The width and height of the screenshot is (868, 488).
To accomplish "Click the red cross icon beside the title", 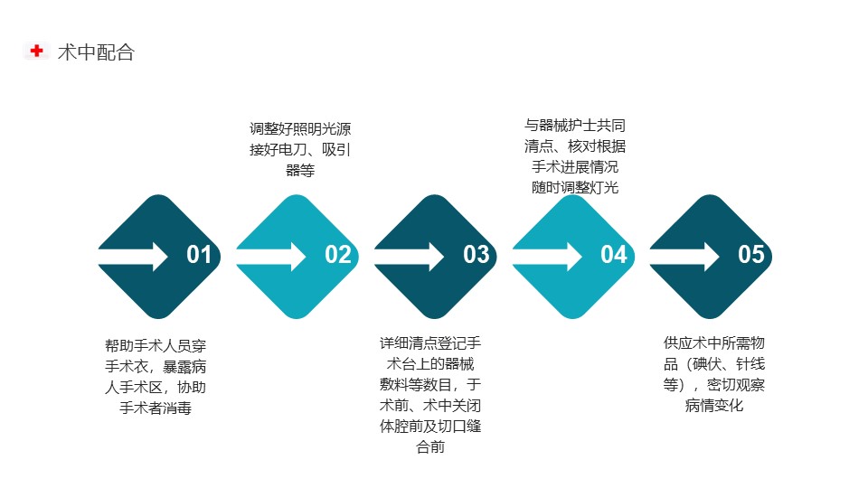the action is (x=36, y=51).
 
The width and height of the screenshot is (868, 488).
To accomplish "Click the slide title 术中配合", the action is (x=97, y=52).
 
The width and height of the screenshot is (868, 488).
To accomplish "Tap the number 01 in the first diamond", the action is (x=199, y=255).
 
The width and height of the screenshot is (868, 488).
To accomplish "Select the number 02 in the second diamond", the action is (x=337, y=255).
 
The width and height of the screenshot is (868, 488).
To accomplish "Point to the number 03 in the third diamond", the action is (x=476, y=255).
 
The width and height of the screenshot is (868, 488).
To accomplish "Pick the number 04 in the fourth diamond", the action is (x=613, y=255).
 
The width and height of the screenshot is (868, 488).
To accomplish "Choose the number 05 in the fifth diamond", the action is (x=750, y=255).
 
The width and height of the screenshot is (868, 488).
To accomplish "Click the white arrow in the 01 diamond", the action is (x=133, y=256).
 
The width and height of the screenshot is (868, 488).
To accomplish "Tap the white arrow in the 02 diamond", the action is (x=270, y=256).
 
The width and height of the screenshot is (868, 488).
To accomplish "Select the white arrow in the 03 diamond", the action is (x=409, y=256).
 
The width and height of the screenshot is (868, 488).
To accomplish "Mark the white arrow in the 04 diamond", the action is (x=546, y=256).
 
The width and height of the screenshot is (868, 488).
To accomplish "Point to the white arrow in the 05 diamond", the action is (x=684, y=256).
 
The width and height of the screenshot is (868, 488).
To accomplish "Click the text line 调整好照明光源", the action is (x=300, y=129).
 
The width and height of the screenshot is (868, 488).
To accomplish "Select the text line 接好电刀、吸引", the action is (x=300, y=149).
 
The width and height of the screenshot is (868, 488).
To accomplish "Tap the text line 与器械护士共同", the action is (x=575, y=126).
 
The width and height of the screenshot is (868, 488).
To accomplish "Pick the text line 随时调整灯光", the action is (x=575, y=188).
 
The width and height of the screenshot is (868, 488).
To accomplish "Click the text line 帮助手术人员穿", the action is (x=156, y=346).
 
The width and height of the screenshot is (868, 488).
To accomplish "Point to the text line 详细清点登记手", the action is (x=430, y=343).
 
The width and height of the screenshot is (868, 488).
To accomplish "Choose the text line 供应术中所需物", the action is (x=714, y=343).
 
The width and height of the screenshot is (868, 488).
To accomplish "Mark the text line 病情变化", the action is (x=714, y=406).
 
